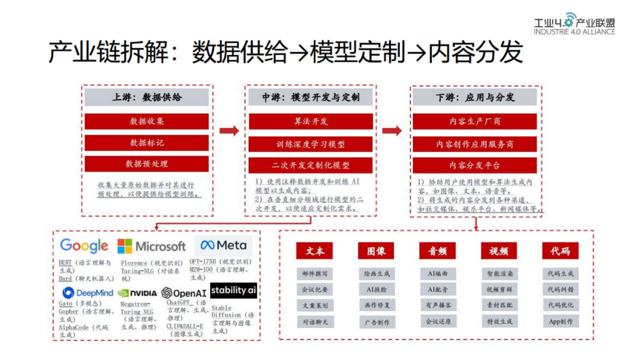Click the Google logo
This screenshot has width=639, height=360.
pos(84,246)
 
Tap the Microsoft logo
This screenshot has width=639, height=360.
pos(151,246)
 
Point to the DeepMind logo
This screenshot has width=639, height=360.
pos(88,292)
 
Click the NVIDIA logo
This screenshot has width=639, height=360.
pos(137,292)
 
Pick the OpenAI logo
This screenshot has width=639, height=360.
pos(184,292)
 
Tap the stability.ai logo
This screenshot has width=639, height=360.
pos(233,290)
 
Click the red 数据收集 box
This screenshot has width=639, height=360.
pos(147,121)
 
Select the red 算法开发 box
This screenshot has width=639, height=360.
pos(311,121)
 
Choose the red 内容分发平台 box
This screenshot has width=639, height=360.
pos(475,165)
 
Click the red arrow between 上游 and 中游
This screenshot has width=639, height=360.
pos(229,130)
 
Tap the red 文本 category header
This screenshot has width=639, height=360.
pos(315,251)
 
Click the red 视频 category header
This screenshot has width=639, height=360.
pos(499,251)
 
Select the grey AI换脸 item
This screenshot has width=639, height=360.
pos(376,290)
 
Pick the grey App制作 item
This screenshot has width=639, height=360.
pos(560,322)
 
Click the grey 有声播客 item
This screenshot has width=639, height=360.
pos(437,306)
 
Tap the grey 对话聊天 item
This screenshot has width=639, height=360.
pos(315,322)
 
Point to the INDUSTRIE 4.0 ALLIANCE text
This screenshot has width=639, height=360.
pos(574,31)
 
